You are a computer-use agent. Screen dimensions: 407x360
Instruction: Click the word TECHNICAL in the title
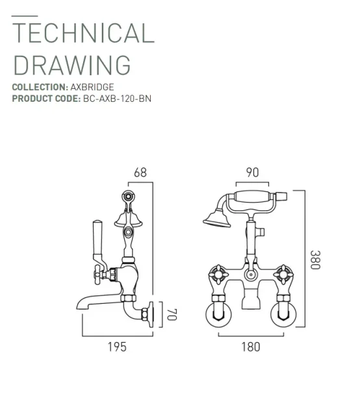(83, 33)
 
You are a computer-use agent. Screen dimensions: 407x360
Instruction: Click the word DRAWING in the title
(71, 65)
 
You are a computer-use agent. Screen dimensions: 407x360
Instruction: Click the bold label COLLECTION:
(40, 87)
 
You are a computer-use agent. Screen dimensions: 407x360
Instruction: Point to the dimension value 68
(140, 173)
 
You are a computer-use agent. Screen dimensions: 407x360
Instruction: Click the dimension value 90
(252, 173)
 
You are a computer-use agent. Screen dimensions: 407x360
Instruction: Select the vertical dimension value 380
(315, 260)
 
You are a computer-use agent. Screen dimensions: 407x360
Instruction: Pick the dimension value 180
(250, 347)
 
